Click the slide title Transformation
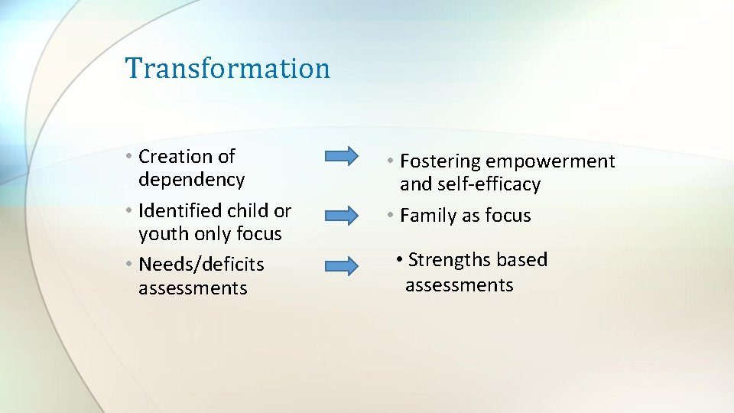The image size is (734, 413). coord(228,68)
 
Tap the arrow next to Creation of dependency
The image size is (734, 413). coord(341,156)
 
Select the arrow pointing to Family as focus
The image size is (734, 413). coord(341,215)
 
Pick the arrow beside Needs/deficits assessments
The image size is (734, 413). coord(341,266)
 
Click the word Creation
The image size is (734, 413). coord(176,156)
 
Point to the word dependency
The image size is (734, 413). coord(191,180)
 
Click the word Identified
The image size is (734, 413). coord(180,210)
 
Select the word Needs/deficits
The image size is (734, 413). coord(201,265)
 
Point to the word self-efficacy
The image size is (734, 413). coord(489,184)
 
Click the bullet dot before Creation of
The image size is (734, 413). coord(132,157)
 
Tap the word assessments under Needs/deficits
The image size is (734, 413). coord(193,288)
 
